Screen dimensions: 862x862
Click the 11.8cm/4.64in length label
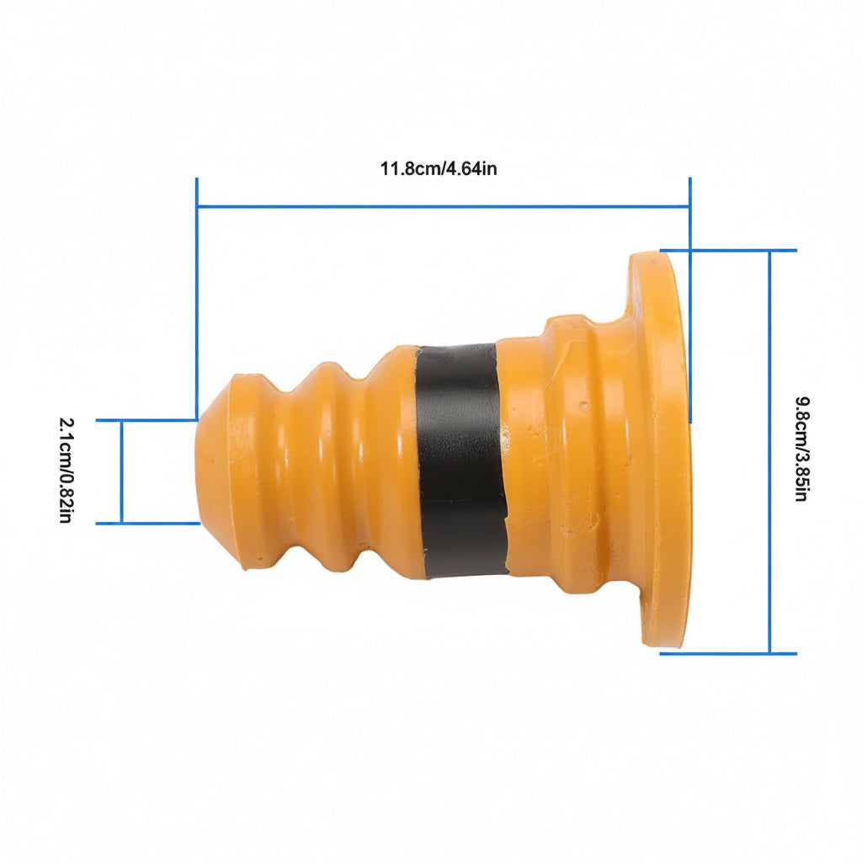438,168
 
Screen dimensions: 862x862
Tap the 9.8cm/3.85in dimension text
802,449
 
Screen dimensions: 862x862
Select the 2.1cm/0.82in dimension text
66,470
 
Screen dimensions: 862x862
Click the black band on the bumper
460,460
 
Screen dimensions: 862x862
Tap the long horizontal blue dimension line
443,207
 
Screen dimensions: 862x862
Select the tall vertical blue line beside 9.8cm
769,452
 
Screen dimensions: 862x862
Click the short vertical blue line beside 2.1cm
121,471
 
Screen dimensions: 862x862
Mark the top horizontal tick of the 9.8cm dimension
728,251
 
